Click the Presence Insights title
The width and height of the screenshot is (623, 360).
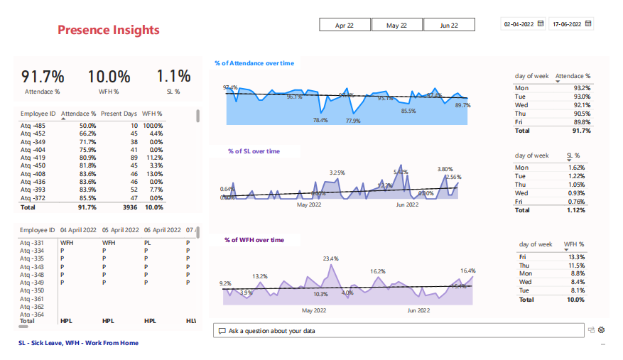108,30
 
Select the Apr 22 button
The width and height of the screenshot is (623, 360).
345,25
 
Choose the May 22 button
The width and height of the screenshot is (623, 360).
396,25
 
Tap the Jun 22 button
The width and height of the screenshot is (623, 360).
449,25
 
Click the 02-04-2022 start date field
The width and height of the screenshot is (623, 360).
518,24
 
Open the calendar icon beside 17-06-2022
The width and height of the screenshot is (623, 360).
588,23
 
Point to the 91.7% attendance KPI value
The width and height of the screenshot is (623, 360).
43,77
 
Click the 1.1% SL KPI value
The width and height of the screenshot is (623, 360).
173,77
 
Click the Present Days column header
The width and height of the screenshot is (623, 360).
119,114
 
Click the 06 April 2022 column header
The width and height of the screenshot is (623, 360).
161,231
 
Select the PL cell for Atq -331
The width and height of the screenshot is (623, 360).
148,243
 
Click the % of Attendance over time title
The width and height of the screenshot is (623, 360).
254,63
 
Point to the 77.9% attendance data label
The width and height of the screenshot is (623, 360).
353,121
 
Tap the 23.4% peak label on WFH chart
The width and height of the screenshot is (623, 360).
331,258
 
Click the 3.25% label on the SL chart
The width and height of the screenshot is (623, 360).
337,173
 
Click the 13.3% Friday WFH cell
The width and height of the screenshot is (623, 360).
576,257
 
